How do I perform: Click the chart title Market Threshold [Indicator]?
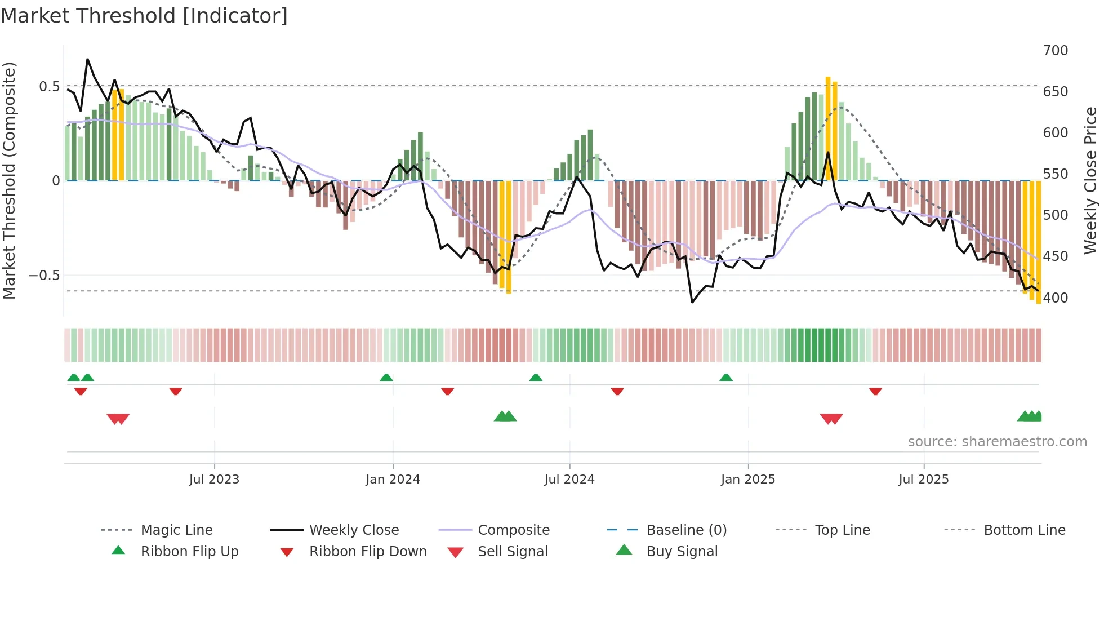144,16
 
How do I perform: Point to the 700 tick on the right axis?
1055,51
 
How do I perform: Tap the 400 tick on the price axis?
1055,298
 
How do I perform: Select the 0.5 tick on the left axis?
49,86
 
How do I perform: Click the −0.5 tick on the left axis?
44,276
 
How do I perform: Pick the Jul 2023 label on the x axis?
214,480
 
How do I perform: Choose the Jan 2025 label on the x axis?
747,480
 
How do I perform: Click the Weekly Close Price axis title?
1090,180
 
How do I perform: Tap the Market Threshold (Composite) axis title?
9,180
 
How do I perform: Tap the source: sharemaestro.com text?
997,442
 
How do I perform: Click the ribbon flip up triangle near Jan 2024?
386,378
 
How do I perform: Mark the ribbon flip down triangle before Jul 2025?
875,391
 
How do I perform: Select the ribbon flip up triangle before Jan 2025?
726,378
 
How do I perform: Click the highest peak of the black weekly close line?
87,59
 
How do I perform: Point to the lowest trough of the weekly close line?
692,303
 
